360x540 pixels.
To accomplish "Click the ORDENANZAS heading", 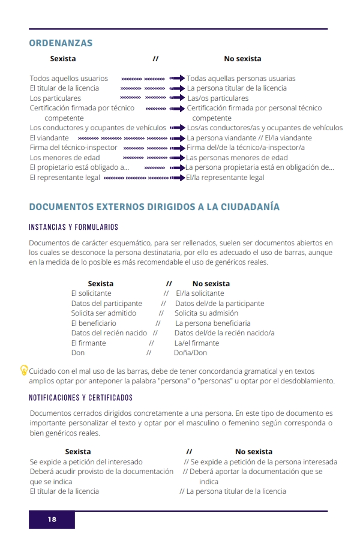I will click(x=61, y=43).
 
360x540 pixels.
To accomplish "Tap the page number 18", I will click(x=52, y=520).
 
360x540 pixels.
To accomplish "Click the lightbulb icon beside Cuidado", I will click(x=24, y=370).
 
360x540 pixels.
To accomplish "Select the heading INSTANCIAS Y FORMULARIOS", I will click(x=73, y=227).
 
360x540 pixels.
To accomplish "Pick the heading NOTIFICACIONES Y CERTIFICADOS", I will click(x=80, y=398).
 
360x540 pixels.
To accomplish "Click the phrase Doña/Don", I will click(x=190, y=353).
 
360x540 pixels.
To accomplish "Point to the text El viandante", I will click(x=49, y=137).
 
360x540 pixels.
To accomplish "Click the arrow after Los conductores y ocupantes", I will click(x=177, y=128).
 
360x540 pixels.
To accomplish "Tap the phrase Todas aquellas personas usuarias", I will click(x=241, y=78).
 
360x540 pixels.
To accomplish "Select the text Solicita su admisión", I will click(x=206, y=313).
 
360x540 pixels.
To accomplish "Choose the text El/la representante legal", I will click(x=225, y=178).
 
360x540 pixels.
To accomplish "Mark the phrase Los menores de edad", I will click(x=65, y=157).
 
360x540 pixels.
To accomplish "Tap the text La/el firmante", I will click(x=197, y=343).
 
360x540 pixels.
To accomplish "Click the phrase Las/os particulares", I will click(x=218, y=98).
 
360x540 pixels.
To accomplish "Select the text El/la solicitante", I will click(x=200, y=293).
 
